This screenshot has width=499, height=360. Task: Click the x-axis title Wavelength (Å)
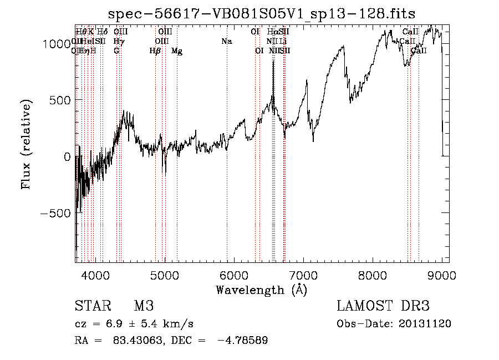click(262, 290)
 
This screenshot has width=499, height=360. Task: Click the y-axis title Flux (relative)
click(26, 144)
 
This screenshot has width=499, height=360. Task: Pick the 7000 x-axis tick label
click(303, 275)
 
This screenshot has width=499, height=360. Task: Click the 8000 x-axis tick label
click(372, 275)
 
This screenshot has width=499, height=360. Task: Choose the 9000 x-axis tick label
click(441, 275)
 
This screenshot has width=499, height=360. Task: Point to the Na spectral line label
click(226, 41)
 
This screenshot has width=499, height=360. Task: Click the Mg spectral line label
click(177, 51)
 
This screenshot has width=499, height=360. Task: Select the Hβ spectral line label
click(155, 51)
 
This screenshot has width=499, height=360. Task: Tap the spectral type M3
click(143, 306)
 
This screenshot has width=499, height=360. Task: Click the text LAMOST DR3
click(383, 306)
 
